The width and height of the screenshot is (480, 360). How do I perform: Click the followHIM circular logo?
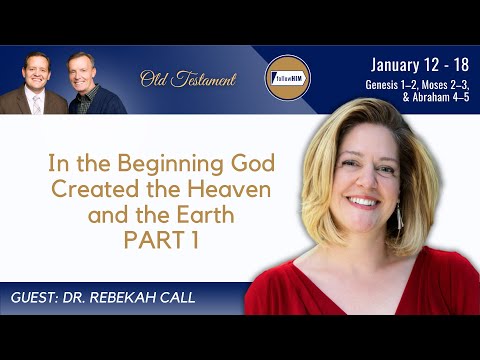(285, 77)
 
